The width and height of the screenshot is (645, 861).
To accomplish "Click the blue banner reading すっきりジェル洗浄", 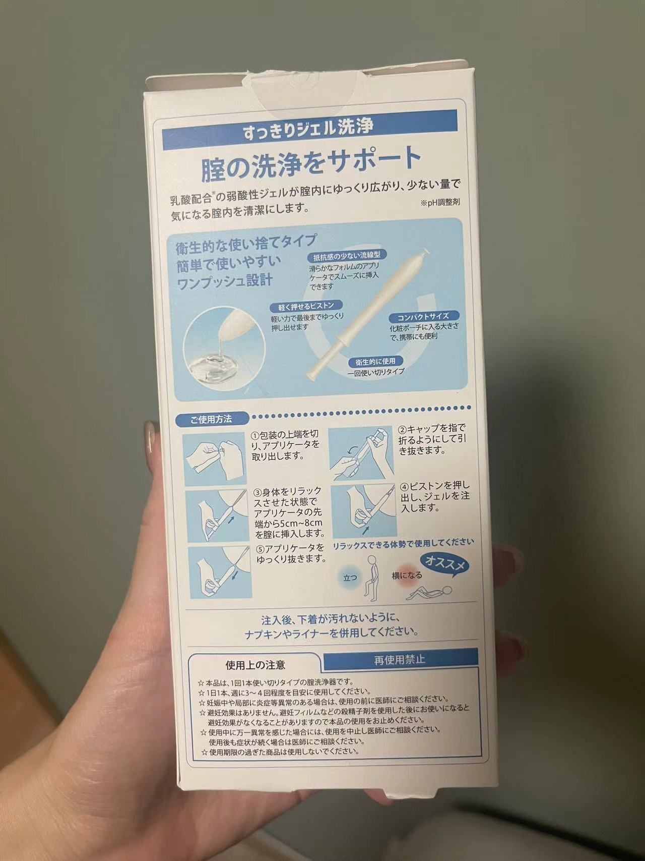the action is point(309,127).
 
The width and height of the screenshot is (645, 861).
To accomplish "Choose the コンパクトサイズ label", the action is point(422,317).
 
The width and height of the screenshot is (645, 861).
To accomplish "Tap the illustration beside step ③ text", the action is point(218,516).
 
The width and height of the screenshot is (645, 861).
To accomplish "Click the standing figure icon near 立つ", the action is point(371,577).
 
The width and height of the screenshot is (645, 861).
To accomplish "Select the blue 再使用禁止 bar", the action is point(399,659).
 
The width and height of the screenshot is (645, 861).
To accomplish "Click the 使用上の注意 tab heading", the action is point(255,665).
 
